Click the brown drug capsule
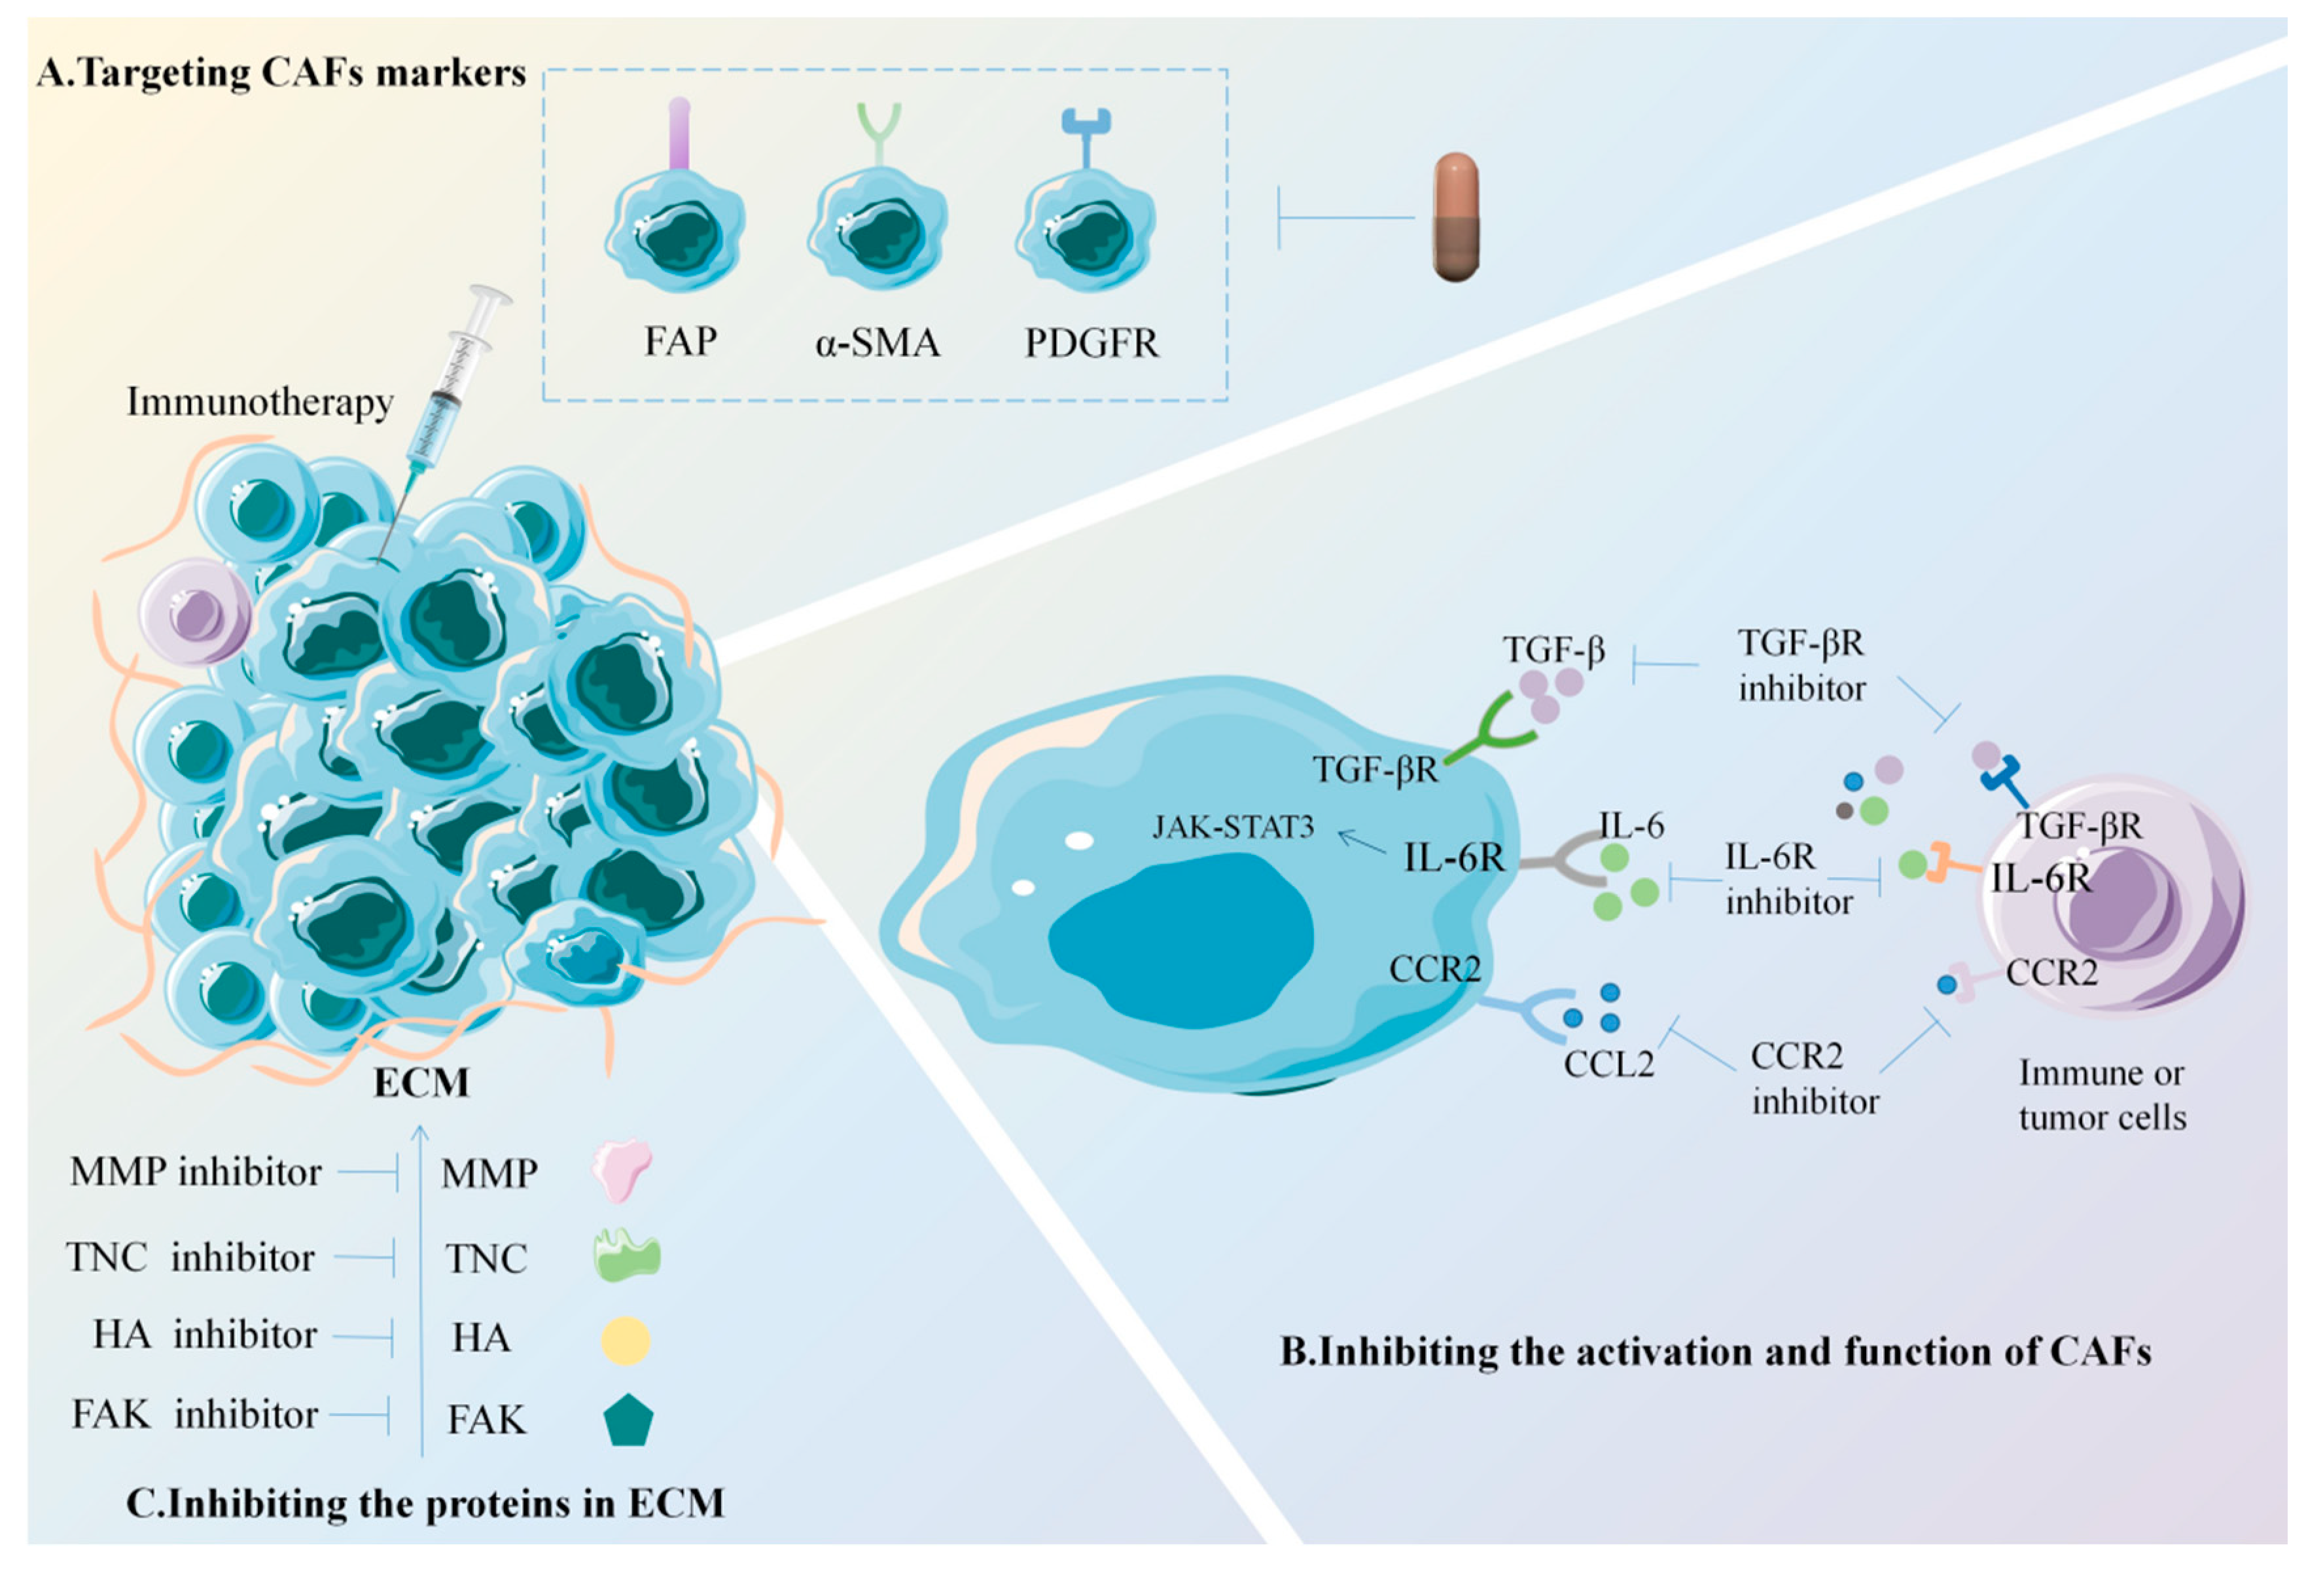click(x=1455, y=217)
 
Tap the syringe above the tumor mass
click(x=452, y=387)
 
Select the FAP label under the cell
click(x=680, y=342)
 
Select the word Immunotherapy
click(x=260, y=402)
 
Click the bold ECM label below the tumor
click(x=421, y=1082)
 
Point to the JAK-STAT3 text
click(x=1232, y=827)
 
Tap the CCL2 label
click(x=1608, y=1064)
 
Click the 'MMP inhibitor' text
click(x=196, y=1172)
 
